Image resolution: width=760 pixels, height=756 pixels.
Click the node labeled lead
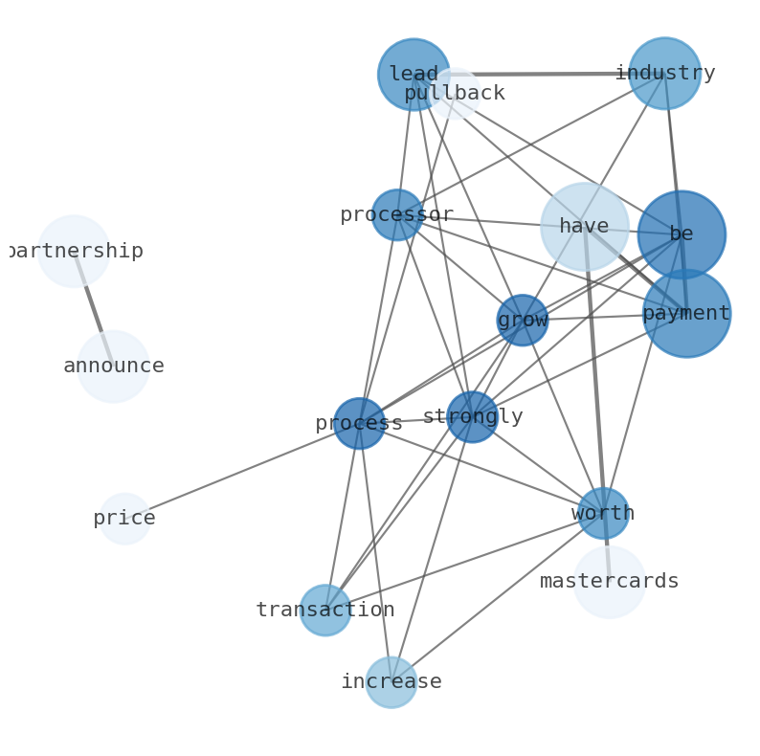pos(414,75)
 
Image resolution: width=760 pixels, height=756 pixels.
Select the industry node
pos(664,74)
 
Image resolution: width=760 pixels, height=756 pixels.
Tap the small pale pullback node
pos(456,94)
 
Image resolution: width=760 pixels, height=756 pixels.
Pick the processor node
pos(397,215)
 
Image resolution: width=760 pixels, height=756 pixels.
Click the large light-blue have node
pos(584,227)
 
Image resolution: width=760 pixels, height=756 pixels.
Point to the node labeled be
pos(682,234)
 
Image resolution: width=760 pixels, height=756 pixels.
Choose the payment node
pos(686,314)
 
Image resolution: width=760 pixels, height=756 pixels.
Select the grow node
pos(523,321)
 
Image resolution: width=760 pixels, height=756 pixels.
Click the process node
pos(360,424)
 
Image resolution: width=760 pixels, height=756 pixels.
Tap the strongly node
pos(473,417)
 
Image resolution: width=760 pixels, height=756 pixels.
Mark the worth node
pos(603,514)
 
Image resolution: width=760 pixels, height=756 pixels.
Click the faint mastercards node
pos(610,582)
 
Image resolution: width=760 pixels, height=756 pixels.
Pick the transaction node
pos(325,611)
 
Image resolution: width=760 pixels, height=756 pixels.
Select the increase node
pos(391,682)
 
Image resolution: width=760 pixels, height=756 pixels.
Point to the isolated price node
pos(124,519)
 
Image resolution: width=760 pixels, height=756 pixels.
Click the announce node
pos(113,367)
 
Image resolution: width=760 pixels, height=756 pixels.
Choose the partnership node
pos(74,252)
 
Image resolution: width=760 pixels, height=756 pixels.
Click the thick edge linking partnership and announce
pos(93,308)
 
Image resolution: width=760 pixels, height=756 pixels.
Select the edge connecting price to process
pos(239,472)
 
